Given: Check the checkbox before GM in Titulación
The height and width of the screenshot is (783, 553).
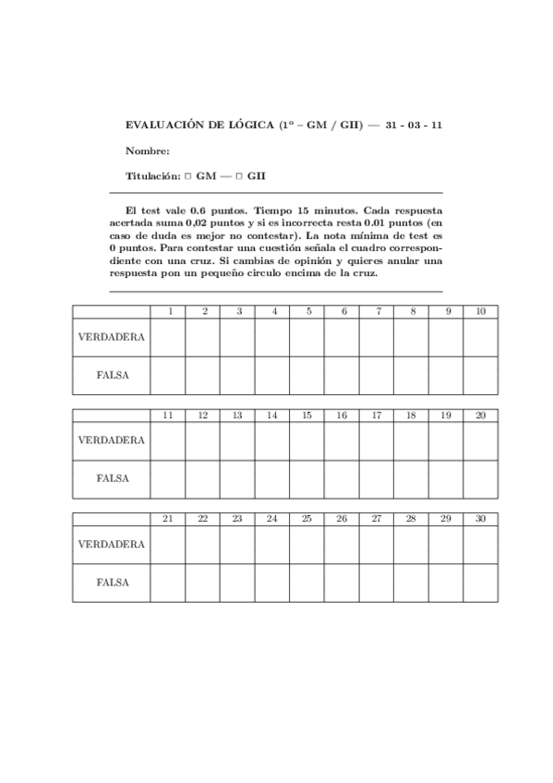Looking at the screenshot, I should click(x=186, y=175).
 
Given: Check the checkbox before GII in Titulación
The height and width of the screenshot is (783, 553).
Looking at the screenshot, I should click(x=237, y=175).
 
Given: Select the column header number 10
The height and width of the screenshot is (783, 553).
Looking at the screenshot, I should click(x=480, y=312).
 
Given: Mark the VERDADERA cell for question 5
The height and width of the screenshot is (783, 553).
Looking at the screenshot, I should click(x=307, y=337).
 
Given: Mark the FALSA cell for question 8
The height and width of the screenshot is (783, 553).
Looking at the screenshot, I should click(x=411, y=376).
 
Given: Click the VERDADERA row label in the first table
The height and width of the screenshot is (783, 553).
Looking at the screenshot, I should click(x=111, y=337).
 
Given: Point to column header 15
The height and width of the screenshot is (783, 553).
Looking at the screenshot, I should click(x=307, y=416).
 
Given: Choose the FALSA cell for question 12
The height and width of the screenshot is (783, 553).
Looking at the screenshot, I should click(x=202, y=479).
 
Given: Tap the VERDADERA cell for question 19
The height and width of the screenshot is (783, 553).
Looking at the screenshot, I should click(x=446, y=440).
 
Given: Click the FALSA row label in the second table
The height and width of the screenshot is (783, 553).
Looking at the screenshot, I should click(x=111, y=479).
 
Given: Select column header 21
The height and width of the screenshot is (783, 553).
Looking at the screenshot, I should click(x=168, y=519).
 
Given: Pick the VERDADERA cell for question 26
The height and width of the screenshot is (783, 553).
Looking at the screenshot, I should click(x=342, y=545).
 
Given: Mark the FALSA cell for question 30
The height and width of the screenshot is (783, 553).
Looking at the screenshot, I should click(x=480, y=583).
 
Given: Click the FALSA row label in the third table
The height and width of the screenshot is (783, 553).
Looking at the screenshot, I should click(x=111, y=583).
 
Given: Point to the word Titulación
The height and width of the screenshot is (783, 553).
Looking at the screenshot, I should click(x=151, y=175).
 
